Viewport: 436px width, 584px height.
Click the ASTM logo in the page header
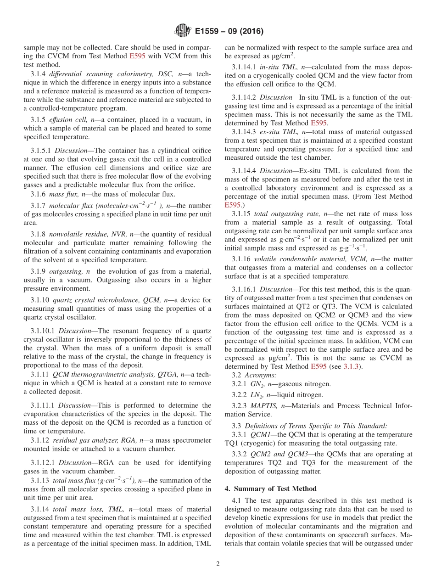point(183,31)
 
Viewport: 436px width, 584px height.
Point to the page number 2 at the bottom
point(218,564)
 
